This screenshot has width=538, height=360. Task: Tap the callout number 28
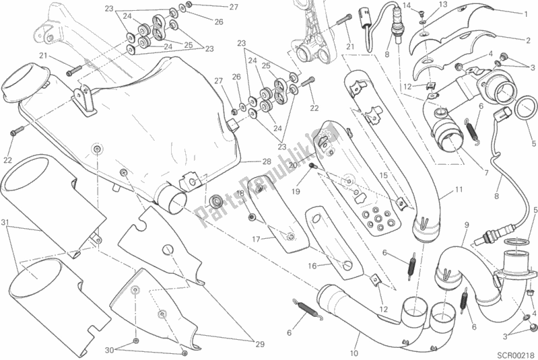[x=267, y=161]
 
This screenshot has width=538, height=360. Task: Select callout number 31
[x=5, y=223]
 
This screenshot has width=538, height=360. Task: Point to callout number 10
[x=354, y=353]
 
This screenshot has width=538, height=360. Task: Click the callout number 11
[x=459, y=189]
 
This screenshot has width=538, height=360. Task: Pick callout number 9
[x=467, y=225]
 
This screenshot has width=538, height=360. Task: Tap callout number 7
[x=486, y=173]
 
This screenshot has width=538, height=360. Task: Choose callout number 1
[x=526, y=14]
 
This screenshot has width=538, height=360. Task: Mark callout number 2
[x=529, y=40]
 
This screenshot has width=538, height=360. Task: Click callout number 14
[x=407, y=5]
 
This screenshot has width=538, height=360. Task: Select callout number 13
[x=443, y=4]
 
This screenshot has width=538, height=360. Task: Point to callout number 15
[x=383, y=176]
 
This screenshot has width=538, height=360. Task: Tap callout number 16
[x=312, y=266]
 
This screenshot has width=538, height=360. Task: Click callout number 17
[x=257, y=239]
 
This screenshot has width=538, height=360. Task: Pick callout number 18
[x=240, y=193]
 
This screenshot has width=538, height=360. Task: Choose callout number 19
[x=296, y=191]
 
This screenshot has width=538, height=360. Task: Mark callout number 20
[x=293, y=166]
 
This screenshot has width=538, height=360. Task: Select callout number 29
[x=259, y=345]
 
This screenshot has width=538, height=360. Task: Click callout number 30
[x=110, y=350]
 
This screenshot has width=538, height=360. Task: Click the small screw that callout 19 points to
[x=312, y=166]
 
